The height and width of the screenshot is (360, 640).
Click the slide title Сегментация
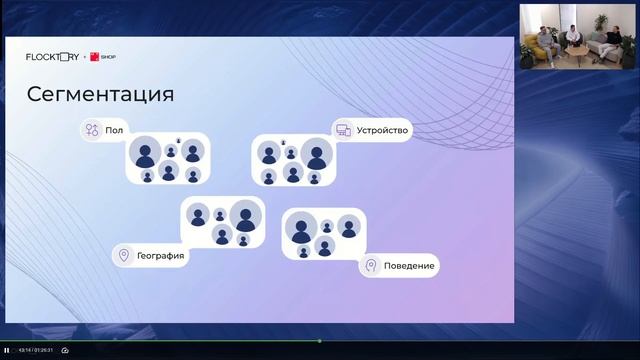[x=99, y=94]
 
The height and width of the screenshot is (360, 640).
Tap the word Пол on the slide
[x=113, y=130]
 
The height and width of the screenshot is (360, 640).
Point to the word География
[x=160, y=255]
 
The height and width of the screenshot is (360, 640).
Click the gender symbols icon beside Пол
[x=92, y=130]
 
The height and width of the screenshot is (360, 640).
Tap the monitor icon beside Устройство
[x=343, y=130]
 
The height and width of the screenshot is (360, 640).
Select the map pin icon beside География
[x=124, y=255]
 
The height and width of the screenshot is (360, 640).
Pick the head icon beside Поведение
[x=371, y=266]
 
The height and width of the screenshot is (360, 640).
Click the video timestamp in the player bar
[x=35, y=350]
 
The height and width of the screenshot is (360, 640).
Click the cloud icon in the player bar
[x=65, y=350]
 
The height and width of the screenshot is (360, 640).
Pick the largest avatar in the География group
[x=243, y=215]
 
